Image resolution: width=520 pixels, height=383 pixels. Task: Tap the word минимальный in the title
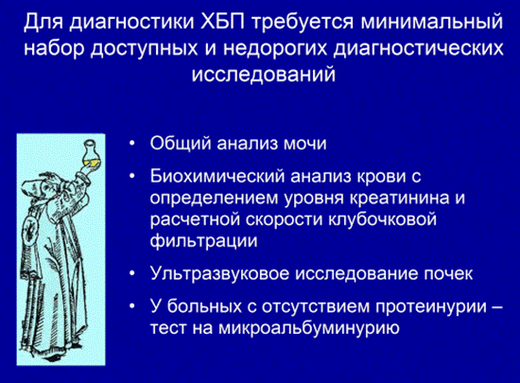432,22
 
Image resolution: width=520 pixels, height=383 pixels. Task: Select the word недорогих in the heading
276,49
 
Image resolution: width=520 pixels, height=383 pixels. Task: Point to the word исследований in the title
264,75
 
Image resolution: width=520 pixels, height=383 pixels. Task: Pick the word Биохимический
217,176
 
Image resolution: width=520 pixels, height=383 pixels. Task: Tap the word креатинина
399,198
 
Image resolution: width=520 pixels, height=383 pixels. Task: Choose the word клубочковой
382,219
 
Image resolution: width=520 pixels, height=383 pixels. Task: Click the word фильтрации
203,241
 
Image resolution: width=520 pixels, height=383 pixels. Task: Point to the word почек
448,274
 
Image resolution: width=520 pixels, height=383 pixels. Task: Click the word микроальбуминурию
309,328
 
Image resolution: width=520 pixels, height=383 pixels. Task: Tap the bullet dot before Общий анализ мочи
132,145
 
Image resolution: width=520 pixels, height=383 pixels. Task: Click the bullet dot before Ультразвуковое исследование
132,274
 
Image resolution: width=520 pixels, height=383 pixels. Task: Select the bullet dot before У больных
132,306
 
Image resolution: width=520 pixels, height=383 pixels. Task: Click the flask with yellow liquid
90,155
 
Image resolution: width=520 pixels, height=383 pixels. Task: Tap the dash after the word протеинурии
496,308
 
